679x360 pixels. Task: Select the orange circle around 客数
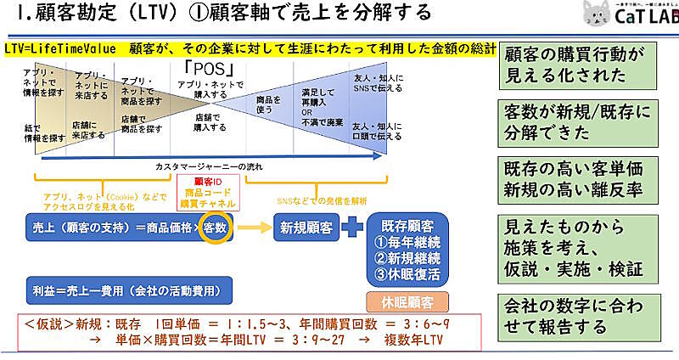click(216, 228)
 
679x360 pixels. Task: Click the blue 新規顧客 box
click(305, 228)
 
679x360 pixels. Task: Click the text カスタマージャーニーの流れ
click(209, 166)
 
